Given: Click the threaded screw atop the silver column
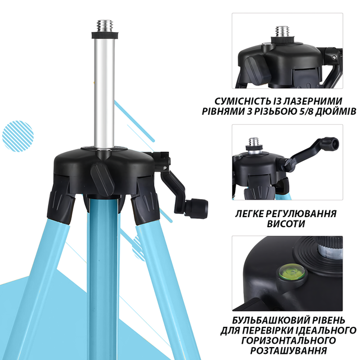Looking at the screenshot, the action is click(x=105, y=26).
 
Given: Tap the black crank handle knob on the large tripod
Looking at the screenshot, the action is click(x=196, y=209).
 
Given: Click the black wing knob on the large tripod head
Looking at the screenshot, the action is click(x=102, y=180).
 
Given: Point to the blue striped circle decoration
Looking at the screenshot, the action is click(x=18, y=136).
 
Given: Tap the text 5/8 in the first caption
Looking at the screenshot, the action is click(x=301, y=111).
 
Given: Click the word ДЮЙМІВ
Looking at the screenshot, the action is click(x=334, y=111).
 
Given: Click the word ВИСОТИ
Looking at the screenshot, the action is click(x=286, y=224).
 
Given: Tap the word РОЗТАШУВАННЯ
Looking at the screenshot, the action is click(x=289, y=350).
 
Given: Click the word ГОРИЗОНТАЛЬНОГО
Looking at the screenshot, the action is click(x=289, y=340).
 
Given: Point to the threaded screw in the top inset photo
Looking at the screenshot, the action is click(x=282, y=31).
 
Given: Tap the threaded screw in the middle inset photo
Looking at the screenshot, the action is click(x=254, y=142).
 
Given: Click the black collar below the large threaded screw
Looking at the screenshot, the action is click(x=105, y=35).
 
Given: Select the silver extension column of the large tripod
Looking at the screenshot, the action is click(x=105, y=93).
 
